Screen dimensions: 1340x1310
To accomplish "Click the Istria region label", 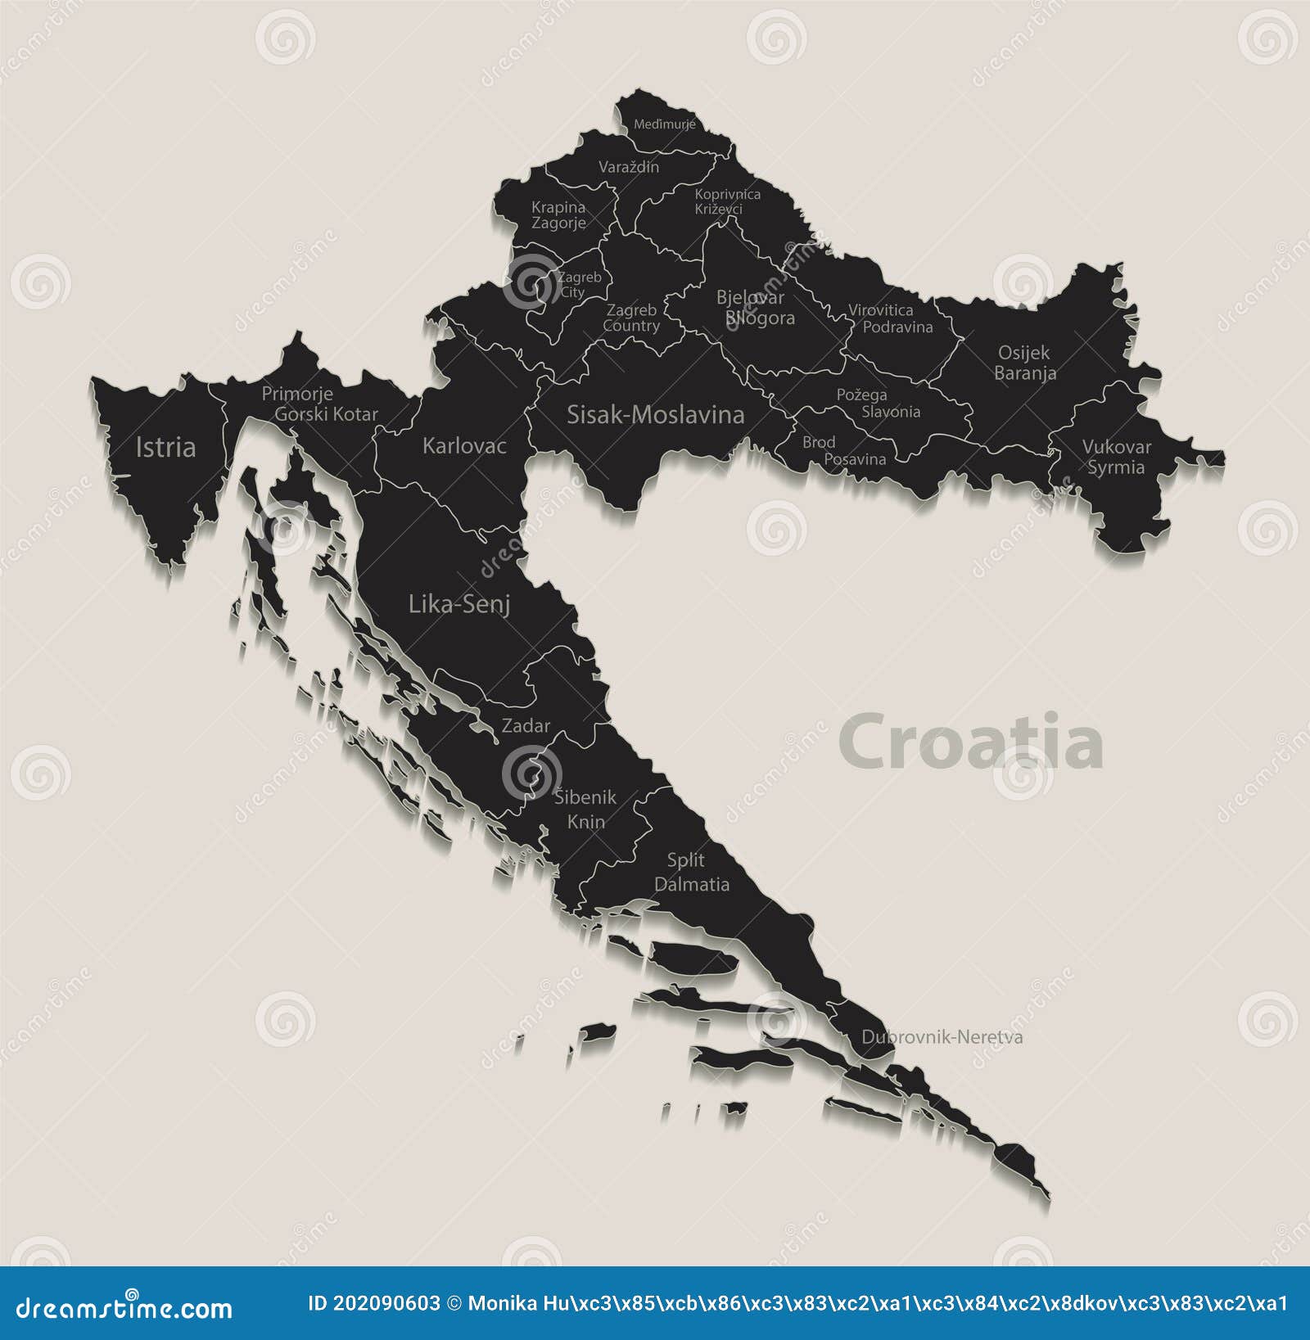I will click(165, 447).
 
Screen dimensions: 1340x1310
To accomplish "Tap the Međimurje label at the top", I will click(664, 124).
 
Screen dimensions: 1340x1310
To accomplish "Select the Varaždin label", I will click(629, 167).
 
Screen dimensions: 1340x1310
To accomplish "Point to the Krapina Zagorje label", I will click(558, 215).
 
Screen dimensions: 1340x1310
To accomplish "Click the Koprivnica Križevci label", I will click(727, 201).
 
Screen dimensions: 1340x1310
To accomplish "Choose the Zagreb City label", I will click(578, 285).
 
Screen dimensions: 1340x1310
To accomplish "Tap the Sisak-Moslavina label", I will click(655, 414).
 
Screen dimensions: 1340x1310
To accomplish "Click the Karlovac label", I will click(464, 446).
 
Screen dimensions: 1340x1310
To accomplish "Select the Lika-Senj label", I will click(459, 605).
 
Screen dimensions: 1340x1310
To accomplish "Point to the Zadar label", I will click(526, 726).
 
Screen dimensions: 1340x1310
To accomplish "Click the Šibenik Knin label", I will click(585, 809).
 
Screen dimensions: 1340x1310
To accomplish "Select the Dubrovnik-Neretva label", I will click(942, 1037).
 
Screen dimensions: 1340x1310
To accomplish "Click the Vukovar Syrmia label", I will click(1116, 457).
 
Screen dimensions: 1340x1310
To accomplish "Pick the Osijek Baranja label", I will click(1024, 363).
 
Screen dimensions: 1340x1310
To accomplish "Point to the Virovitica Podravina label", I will click(889, 318).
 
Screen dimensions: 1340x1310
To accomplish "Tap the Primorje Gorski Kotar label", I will click(319, 404).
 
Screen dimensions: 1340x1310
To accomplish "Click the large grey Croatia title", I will click(970, 742).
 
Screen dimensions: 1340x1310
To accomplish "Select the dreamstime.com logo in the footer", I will click(124, 1308).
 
